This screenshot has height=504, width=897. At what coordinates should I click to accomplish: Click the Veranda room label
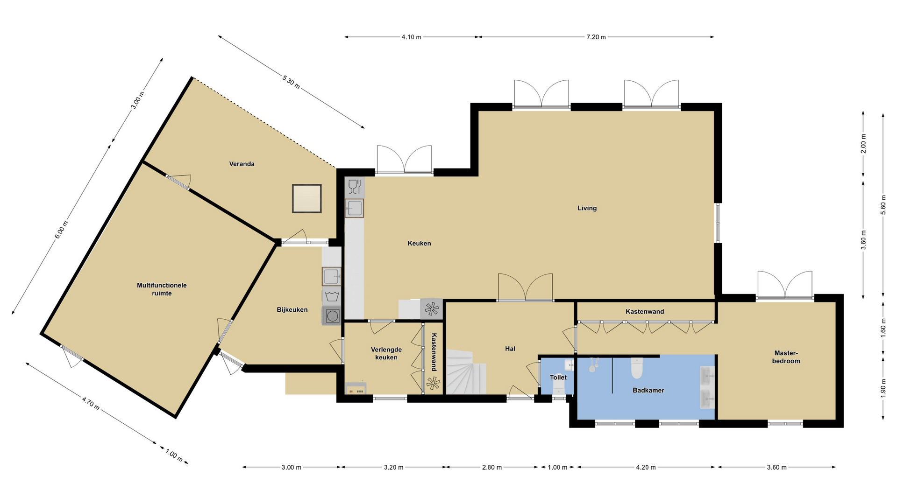242,164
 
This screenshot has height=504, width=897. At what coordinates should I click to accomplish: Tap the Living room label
587,208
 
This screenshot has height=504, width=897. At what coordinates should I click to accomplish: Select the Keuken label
419,243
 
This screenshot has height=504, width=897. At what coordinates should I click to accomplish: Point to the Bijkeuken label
292,310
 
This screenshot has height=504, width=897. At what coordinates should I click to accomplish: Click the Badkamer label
648,390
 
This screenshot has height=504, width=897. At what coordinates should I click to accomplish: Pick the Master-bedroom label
786,357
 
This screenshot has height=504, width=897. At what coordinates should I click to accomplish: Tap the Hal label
510,349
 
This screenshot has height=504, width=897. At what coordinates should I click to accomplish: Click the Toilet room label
558,378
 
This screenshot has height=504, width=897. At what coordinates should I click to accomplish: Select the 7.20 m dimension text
596,37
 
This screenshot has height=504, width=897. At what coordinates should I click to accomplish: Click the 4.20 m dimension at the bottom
646,467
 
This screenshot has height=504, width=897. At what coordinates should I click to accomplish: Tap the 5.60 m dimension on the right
883,205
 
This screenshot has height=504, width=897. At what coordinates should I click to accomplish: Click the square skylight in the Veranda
307,198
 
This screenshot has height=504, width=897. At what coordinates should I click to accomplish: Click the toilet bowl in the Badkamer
637,368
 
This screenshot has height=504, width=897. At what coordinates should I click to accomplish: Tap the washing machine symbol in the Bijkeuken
332,296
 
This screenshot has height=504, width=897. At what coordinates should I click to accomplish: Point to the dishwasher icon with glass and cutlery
355,187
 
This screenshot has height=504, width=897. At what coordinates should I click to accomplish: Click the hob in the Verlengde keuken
356,388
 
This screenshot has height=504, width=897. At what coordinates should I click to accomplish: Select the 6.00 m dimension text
62,230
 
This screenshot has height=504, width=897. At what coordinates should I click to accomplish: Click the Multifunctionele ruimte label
162,289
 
